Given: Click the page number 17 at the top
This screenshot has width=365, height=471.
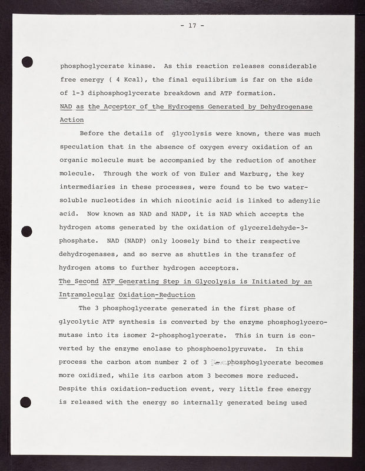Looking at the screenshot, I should tap(189, 26).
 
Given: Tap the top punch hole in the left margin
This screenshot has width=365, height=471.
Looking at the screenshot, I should tap(25, 61).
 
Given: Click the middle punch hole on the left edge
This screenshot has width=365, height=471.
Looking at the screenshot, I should tap(25, 231).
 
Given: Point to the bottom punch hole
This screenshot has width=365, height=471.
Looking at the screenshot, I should tap(25, 402).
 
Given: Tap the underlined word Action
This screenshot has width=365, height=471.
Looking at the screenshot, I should tap(72, 120).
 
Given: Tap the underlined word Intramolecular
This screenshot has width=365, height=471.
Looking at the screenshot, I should tap(86, 295).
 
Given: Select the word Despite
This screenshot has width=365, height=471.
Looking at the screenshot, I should tap(75, 389).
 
